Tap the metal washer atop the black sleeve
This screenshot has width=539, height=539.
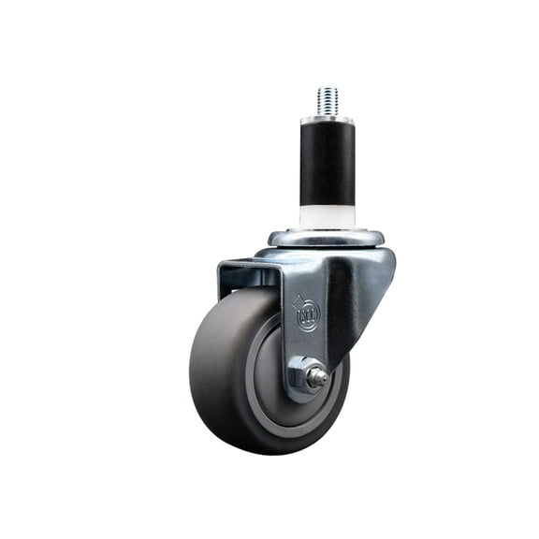pyautogui.click(x=327, y=119)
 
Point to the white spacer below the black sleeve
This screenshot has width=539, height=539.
pyautogui.click(x=326, y=215)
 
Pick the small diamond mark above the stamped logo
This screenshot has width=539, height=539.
pyautogui.click(x=299, y=299)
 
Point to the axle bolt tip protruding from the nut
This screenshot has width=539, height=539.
pyautogui.click(x=321, y=379)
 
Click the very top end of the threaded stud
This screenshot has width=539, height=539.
pyautogui.click(x=327, y=88)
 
